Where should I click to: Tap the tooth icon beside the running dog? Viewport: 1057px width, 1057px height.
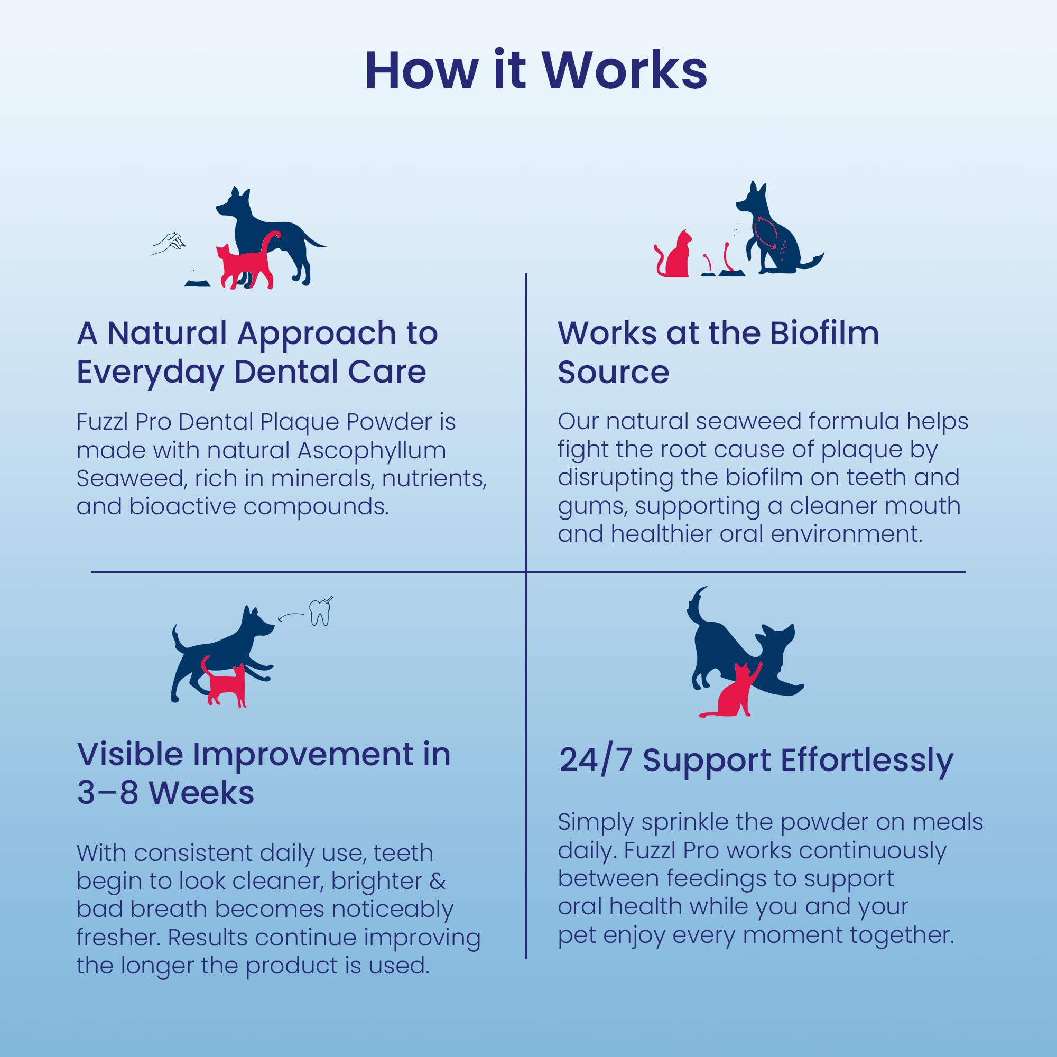(321, 611)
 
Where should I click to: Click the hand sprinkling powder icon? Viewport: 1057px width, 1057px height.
(168, 243)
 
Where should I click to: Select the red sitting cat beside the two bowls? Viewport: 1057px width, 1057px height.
(673, 254)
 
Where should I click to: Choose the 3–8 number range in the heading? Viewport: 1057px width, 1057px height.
(107, 793)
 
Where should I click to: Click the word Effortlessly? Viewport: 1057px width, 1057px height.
(867, 761)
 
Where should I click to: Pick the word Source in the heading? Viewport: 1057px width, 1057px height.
(613, 372)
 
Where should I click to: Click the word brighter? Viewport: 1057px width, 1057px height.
(376, 882)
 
